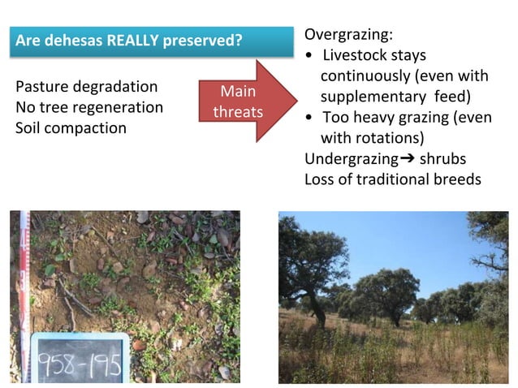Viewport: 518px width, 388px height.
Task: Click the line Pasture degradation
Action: point(87,87)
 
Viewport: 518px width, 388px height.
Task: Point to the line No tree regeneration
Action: point(89,107)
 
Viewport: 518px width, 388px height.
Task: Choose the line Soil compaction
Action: point(71,128)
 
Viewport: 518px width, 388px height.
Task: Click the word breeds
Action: point(459,179)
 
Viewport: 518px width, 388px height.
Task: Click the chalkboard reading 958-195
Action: point(79,358)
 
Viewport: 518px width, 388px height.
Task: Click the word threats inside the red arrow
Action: point(238,111)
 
